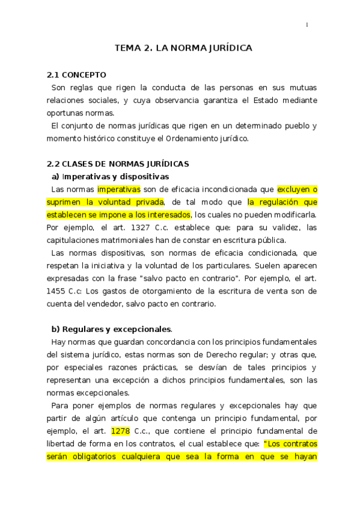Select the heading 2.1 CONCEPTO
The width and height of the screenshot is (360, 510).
76,75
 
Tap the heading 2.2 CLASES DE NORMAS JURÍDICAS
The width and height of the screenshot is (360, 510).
118,164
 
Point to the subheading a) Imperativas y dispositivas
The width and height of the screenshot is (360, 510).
111,176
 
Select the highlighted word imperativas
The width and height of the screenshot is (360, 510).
118,189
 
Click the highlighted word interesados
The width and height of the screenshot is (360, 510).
166,215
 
